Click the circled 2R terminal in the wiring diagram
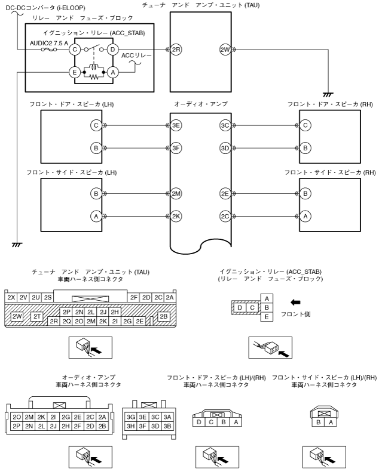point(175,50)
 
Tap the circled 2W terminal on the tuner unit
point(225,50)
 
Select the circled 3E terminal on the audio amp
point(175,125)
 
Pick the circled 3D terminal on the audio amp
point(225,147)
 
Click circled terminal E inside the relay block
point(75,72)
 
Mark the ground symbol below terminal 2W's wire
point(328,93)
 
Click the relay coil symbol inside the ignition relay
point(94,66)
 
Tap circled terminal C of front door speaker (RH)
point(305,125)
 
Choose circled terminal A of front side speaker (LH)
point(94,217)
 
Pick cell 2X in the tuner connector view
point(11,297)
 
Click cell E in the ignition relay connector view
point(268,317)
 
